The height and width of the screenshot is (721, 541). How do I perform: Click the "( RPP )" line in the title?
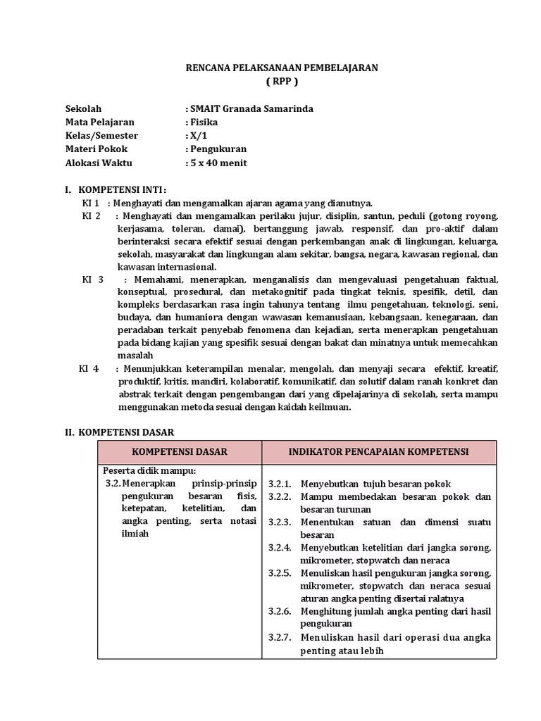[282, 82]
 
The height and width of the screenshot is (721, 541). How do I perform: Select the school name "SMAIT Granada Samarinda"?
[249, 109]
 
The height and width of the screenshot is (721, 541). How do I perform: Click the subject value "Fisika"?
[203, 123]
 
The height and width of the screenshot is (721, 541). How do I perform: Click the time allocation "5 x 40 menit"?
[217, 163]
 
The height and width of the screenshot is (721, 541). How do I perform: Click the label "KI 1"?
[91, 203]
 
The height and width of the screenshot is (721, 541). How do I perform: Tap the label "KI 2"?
[92, 216]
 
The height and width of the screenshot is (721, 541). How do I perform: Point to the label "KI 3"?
[93, 280]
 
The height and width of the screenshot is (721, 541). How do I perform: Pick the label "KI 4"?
[89, 369]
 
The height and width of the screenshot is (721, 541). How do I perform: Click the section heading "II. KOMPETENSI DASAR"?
[119, 432]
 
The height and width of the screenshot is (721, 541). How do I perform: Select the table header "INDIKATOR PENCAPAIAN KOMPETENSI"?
[379, 451]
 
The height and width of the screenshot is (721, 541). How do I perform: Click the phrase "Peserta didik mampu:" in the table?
[149, 470]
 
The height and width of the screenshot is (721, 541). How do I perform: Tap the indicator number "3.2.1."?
[280, 484]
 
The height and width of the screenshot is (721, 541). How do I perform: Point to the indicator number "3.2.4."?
[280, 548]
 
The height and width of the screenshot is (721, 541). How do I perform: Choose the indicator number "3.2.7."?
[280, 637]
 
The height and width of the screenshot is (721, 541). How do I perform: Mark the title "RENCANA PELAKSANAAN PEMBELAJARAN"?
[282, 68]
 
